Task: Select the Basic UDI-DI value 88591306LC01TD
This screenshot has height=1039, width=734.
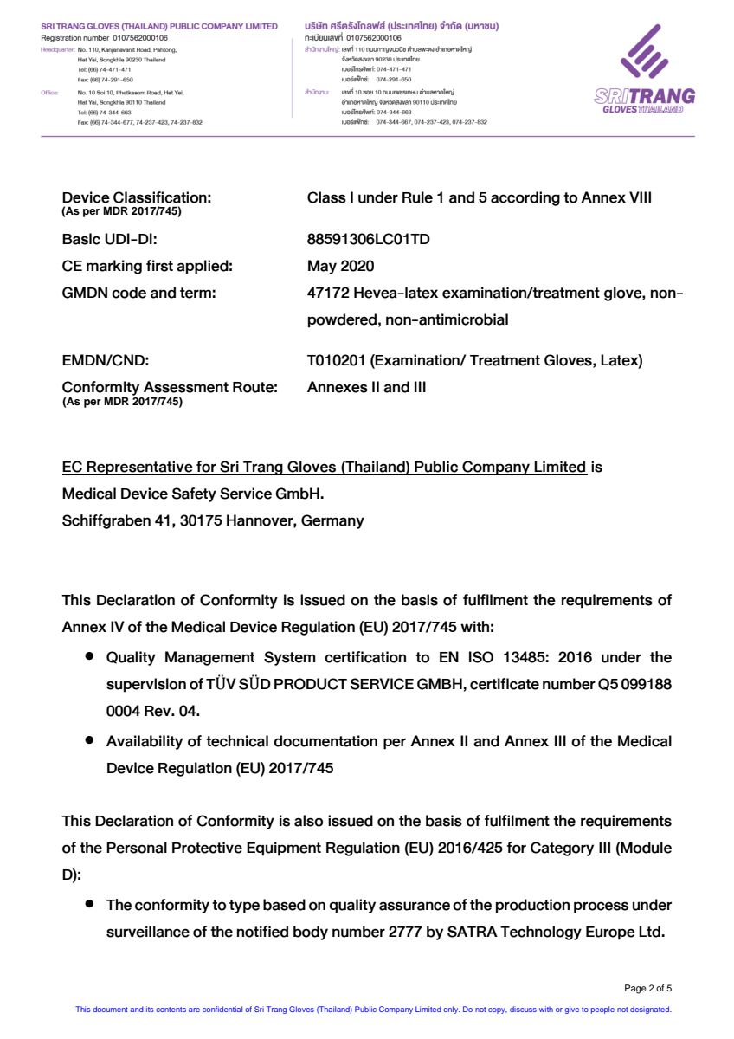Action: point(368,240)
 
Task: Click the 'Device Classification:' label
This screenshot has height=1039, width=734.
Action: point(136,197)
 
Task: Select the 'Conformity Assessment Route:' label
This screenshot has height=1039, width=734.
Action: point(170,387)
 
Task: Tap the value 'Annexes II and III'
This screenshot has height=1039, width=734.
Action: point(366,387)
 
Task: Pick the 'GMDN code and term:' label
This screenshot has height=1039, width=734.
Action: point(138,294)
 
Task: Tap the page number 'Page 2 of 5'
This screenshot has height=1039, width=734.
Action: point(647,988)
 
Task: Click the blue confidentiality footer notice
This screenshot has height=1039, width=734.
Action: point(374,1010)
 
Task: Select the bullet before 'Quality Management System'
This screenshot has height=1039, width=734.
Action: point(89,657)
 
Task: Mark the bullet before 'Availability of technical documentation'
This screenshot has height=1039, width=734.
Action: point(89,741)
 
